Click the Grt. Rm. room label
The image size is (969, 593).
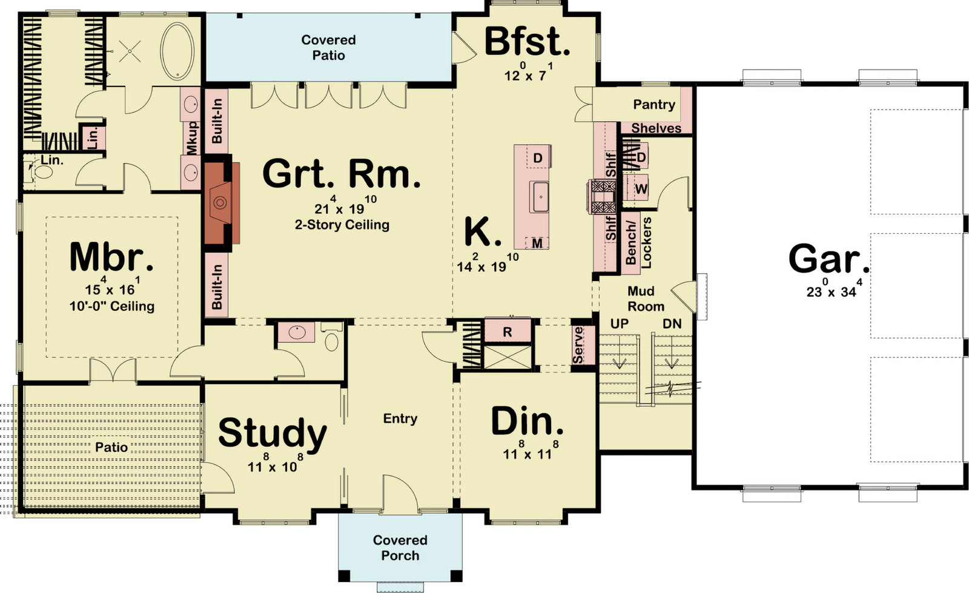342,174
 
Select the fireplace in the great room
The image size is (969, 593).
222,203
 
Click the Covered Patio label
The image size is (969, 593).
328,48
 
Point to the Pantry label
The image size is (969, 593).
654,104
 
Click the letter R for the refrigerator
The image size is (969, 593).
508,332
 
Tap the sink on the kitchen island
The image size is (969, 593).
540,197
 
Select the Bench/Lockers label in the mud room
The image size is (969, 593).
638,242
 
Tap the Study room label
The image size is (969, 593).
273,433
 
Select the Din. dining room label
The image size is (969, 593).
527,421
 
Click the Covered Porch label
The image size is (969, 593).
400,548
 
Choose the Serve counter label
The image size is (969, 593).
578,345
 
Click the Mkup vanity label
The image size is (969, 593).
191,137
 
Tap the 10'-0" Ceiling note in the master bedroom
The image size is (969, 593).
112,306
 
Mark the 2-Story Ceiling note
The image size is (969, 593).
342,225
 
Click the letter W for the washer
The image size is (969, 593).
641,189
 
